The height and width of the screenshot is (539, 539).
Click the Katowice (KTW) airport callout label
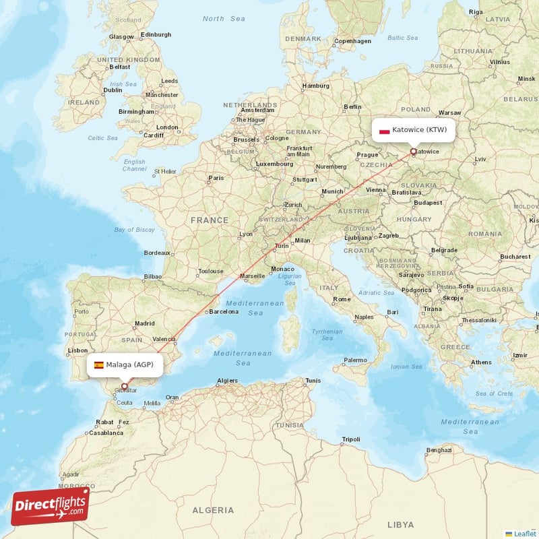click(x=414, y=130)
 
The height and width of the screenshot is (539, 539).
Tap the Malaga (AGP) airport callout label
click(x=125, y=365)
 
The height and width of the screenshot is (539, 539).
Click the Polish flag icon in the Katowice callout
click(x=385, y=131)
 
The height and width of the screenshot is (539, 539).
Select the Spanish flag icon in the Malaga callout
click(x=99, y=365)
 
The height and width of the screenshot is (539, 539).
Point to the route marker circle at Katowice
click(x=414, y=152)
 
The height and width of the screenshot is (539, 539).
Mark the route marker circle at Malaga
click(x=125, y=386)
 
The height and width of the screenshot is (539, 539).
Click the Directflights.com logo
click(x=51, y=506)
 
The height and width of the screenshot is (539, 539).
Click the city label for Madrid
click(x=144, y=323)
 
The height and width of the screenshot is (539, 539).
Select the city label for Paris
click(x=216, y=179)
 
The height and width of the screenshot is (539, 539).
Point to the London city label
click(x=166, y=127)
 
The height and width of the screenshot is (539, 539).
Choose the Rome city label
click(x=342, y=299)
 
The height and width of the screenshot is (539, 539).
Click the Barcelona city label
click(x=223, y=311)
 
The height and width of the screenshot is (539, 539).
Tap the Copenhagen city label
click(x=352, y=41)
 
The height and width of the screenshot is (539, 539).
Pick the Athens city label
click(x=481, y=362)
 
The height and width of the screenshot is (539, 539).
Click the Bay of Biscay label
click(x=134, y=230)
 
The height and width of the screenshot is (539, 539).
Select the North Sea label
click(x=224, y=19)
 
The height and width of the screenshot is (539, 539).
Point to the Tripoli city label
click(x=350, y=439)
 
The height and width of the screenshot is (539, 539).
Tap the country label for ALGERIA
click(x=213, y=510)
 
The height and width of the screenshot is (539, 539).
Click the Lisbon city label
click(x=77, y=350)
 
